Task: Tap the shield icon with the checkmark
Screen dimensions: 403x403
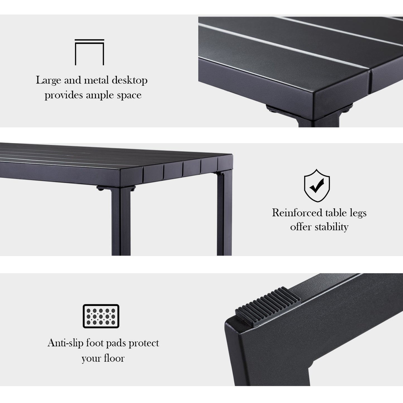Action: pyautogui.click(x=317, y=185)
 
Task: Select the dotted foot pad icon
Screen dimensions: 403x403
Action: pyautogui.click(x=101, y=316)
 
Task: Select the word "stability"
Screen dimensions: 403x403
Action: pyautogui.click(x=332, y=227)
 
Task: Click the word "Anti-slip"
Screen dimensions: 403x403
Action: pyautogui.click(x=66, y=343)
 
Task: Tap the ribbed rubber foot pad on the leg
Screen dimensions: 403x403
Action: pyautogui.click(x=268, y=307)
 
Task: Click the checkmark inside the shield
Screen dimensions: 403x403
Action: pyautogui.click(x=317, y=185)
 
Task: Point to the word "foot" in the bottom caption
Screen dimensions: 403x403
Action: pyautogui.click(x=94, y=343)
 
